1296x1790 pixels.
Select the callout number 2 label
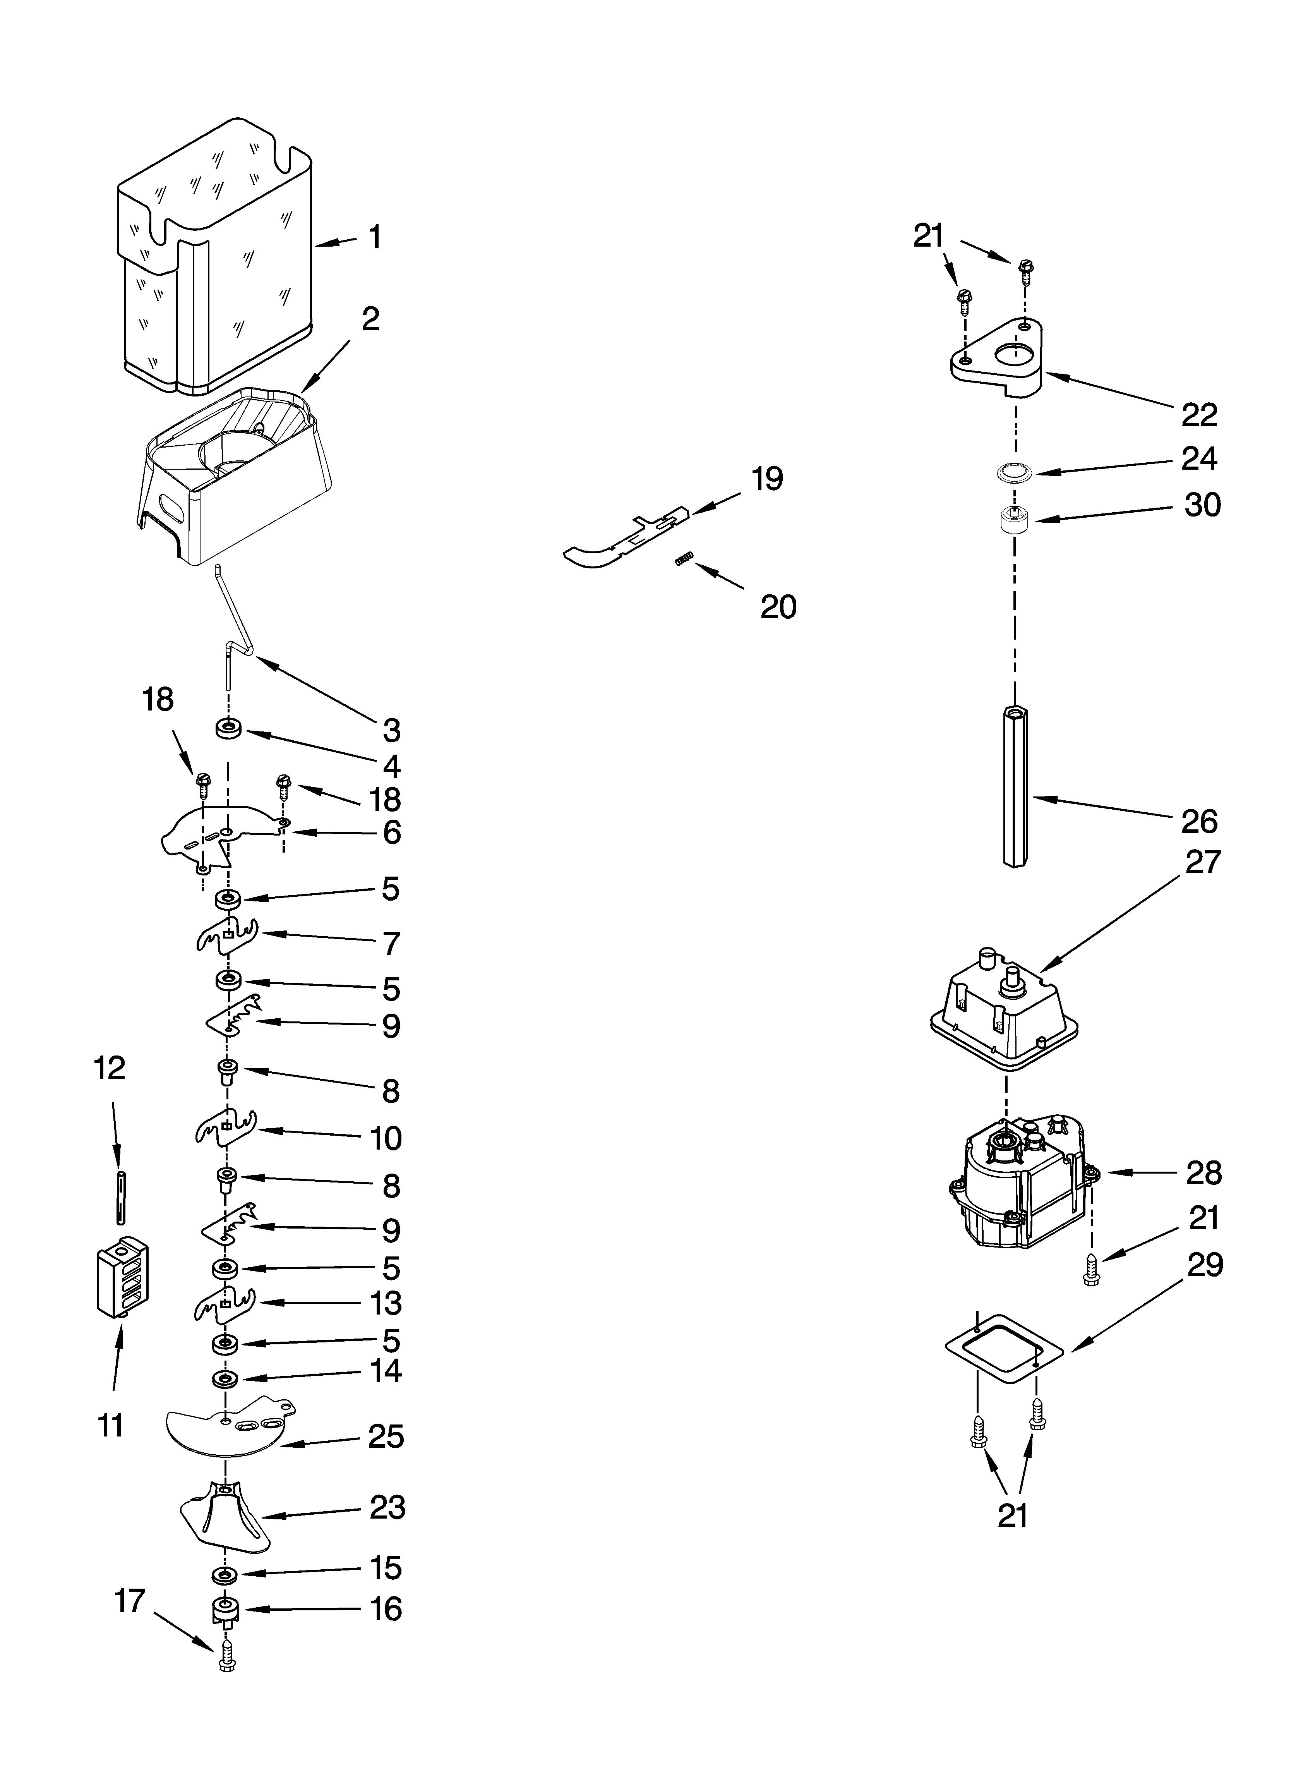tap(370, 319)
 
